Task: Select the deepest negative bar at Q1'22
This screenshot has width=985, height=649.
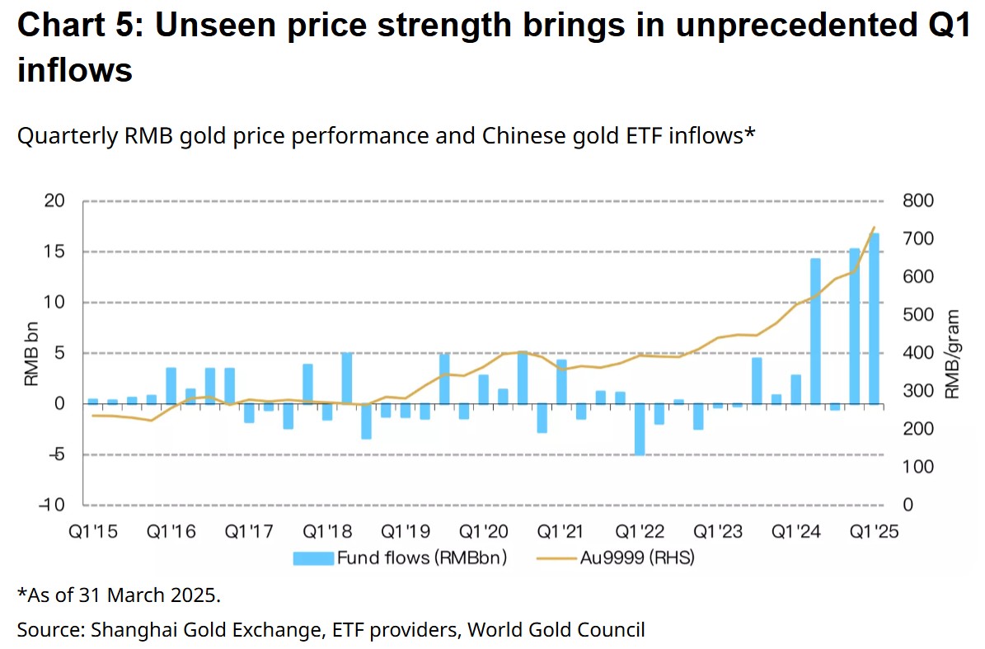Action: pyautogui.click(x=640, y=429)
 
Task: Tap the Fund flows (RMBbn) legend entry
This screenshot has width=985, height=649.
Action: pyautogui.click(x=400, y=558)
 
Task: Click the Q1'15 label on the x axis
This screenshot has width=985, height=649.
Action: pyautogui.click(x=93, y=532)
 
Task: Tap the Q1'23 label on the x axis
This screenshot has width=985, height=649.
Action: pyautogui.click(x=719, y=532)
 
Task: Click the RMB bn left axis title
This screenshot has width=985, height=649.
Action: pyautogui.click(x=30, y=353)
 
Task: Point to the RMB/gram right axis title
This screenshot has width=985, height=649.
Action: pyautogui.click(x=953, y=354)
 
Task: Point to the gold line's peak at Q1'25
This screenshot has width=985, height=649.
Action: pyautogui.click(x=874, y=228)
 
